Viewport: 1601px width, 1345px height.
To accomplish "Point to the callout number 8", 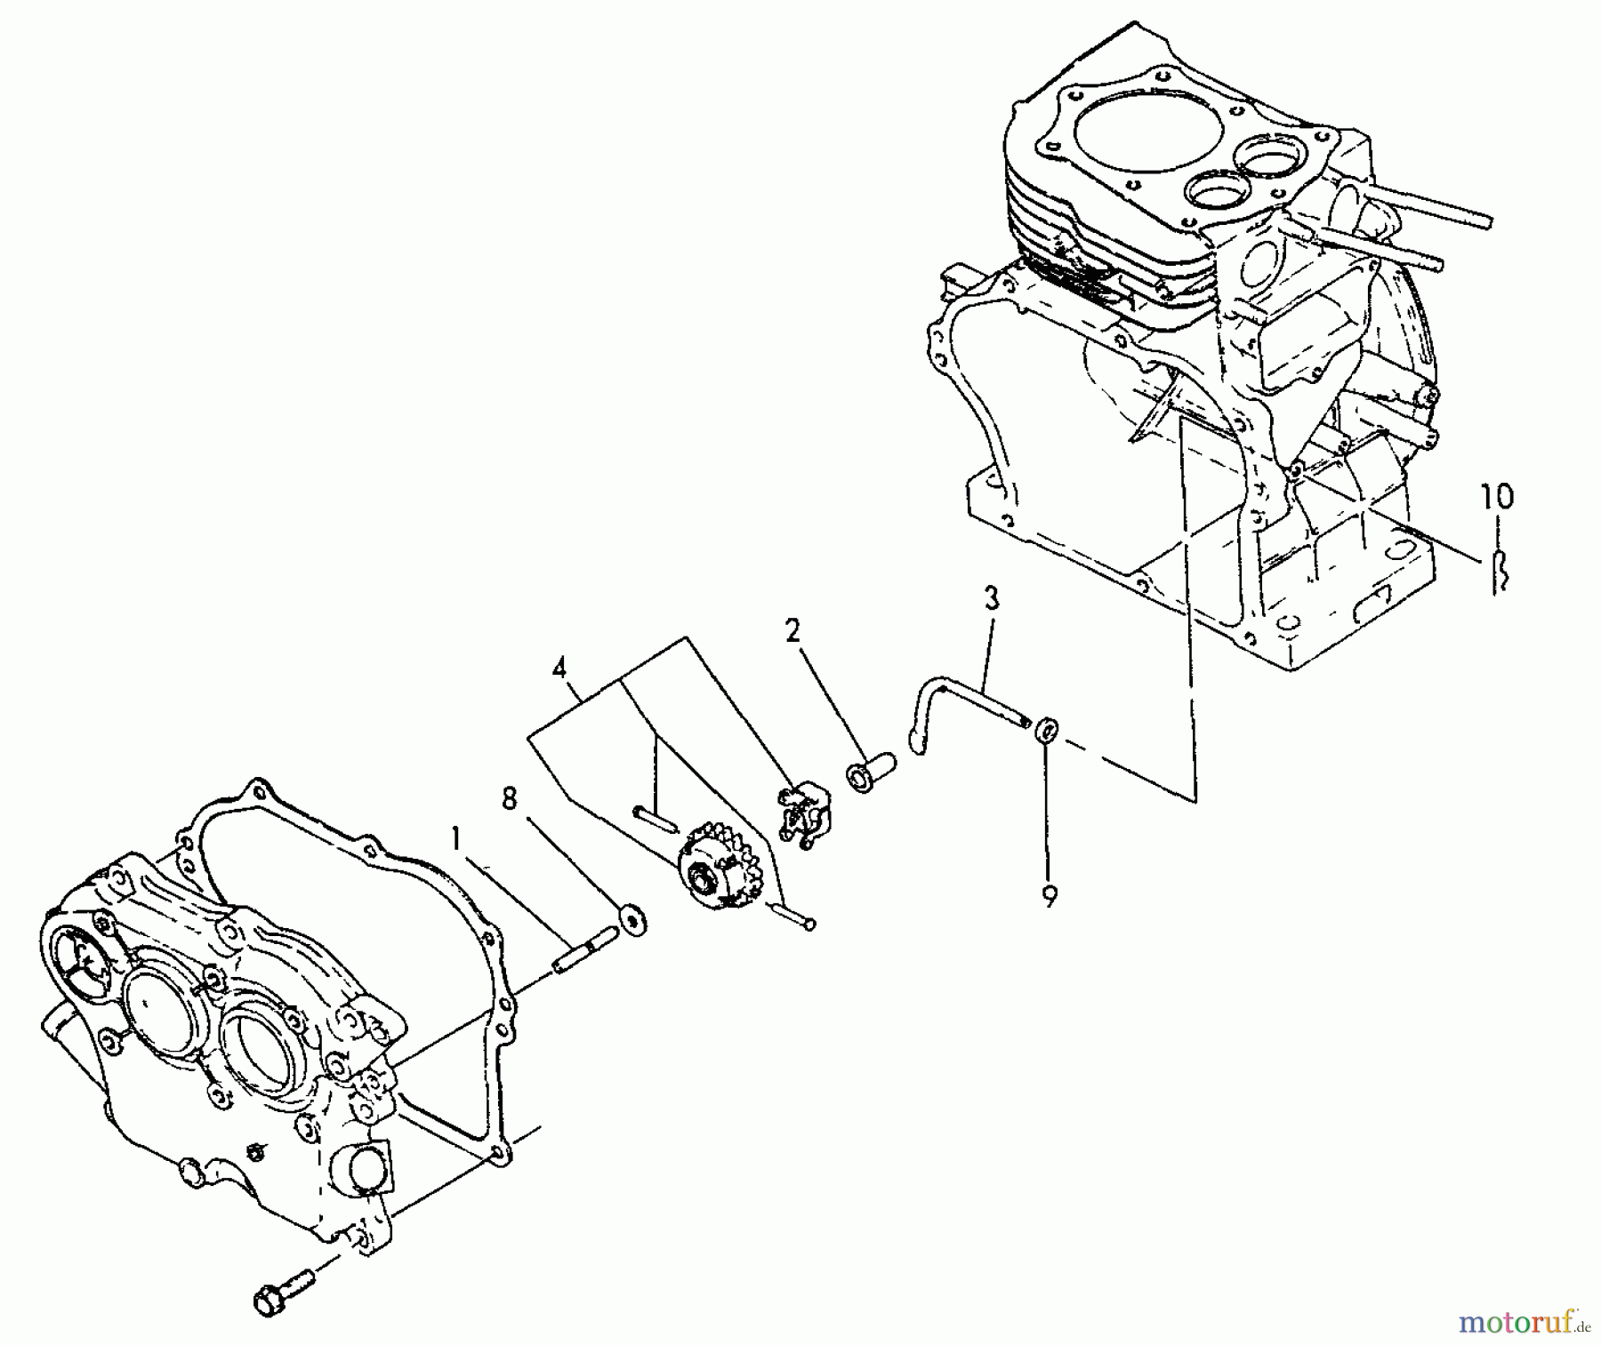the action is (509, 798).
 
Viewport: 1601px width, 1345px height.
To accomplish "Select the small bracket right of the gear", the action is (803, 810).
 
